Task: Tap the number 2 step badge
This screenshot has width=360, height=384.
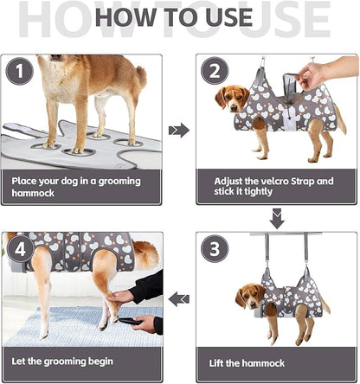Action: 215,73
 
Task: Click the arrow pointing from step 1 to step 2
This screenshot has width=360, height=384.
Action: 179,130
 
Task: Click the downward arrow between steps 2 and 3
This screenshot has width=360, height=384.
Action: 276,220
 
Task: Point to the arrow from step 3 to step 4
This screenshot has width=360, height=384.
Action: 179,299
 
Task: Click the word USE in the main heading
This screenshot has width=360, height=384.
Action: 231,18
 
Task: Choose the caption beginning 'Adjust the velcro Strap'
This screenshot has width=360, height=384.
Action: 273,187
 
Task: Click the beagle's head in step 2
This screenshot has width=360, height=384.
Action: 229,97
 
